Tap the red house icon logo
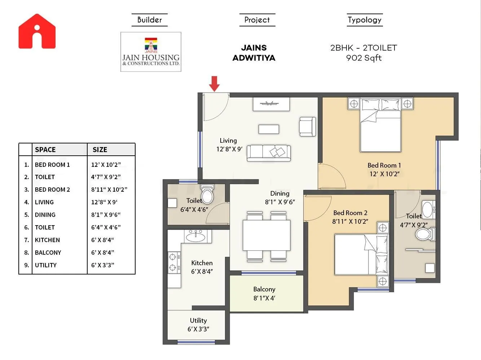pos(37,32)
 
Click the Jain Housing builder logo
pos(151,52)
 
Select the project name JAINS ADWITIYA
pos(254,53)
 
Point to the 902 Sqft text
pos(363,58)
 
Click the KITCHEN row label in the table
pos(47,240)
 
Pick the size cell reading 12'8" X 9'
pos(104,202)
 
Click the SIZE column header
pos(100,150)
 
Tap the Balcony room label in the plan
pos(264,289)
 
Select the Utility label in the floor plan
pos(198,320)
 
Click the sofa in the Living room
pos(269,153)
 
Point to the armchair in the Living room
pos(308,126)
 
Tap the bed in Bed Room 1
pos(381,126)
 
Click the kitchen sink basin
pos(195,237)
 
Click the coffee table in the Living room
pos(269,129)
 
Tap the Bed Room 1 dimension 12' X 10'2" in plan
pos(384,174)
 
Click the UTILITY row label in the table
pos(46,265)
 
